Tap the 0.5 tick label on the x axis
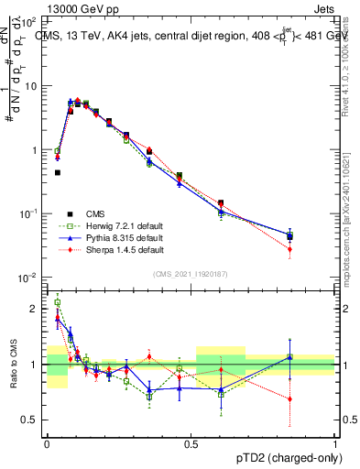191,444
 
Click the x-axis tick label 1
336,444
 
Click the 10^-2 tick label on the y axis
27,278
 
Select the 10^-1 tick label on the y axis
27,213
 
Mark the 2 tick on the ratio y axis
35,310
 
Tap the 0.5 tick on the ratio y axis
29,420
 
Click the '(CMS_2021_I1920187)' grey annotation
191,273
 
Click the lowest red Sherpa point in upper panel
290,249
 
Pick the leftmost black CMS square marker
57,172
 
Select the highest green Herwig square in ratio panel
58,302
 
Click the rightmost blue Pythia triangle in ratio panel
290,357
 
